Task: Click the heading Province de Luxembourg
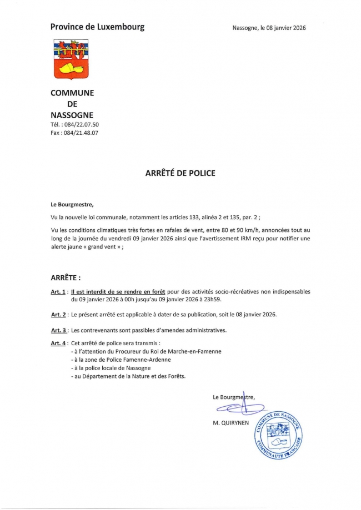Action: [97, 27]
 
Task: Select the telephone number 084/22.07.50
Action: [81, 125]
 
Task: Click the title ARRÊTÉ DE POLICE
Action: [180, 173]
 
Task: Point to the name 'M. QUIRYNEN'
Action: [230, 422]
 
